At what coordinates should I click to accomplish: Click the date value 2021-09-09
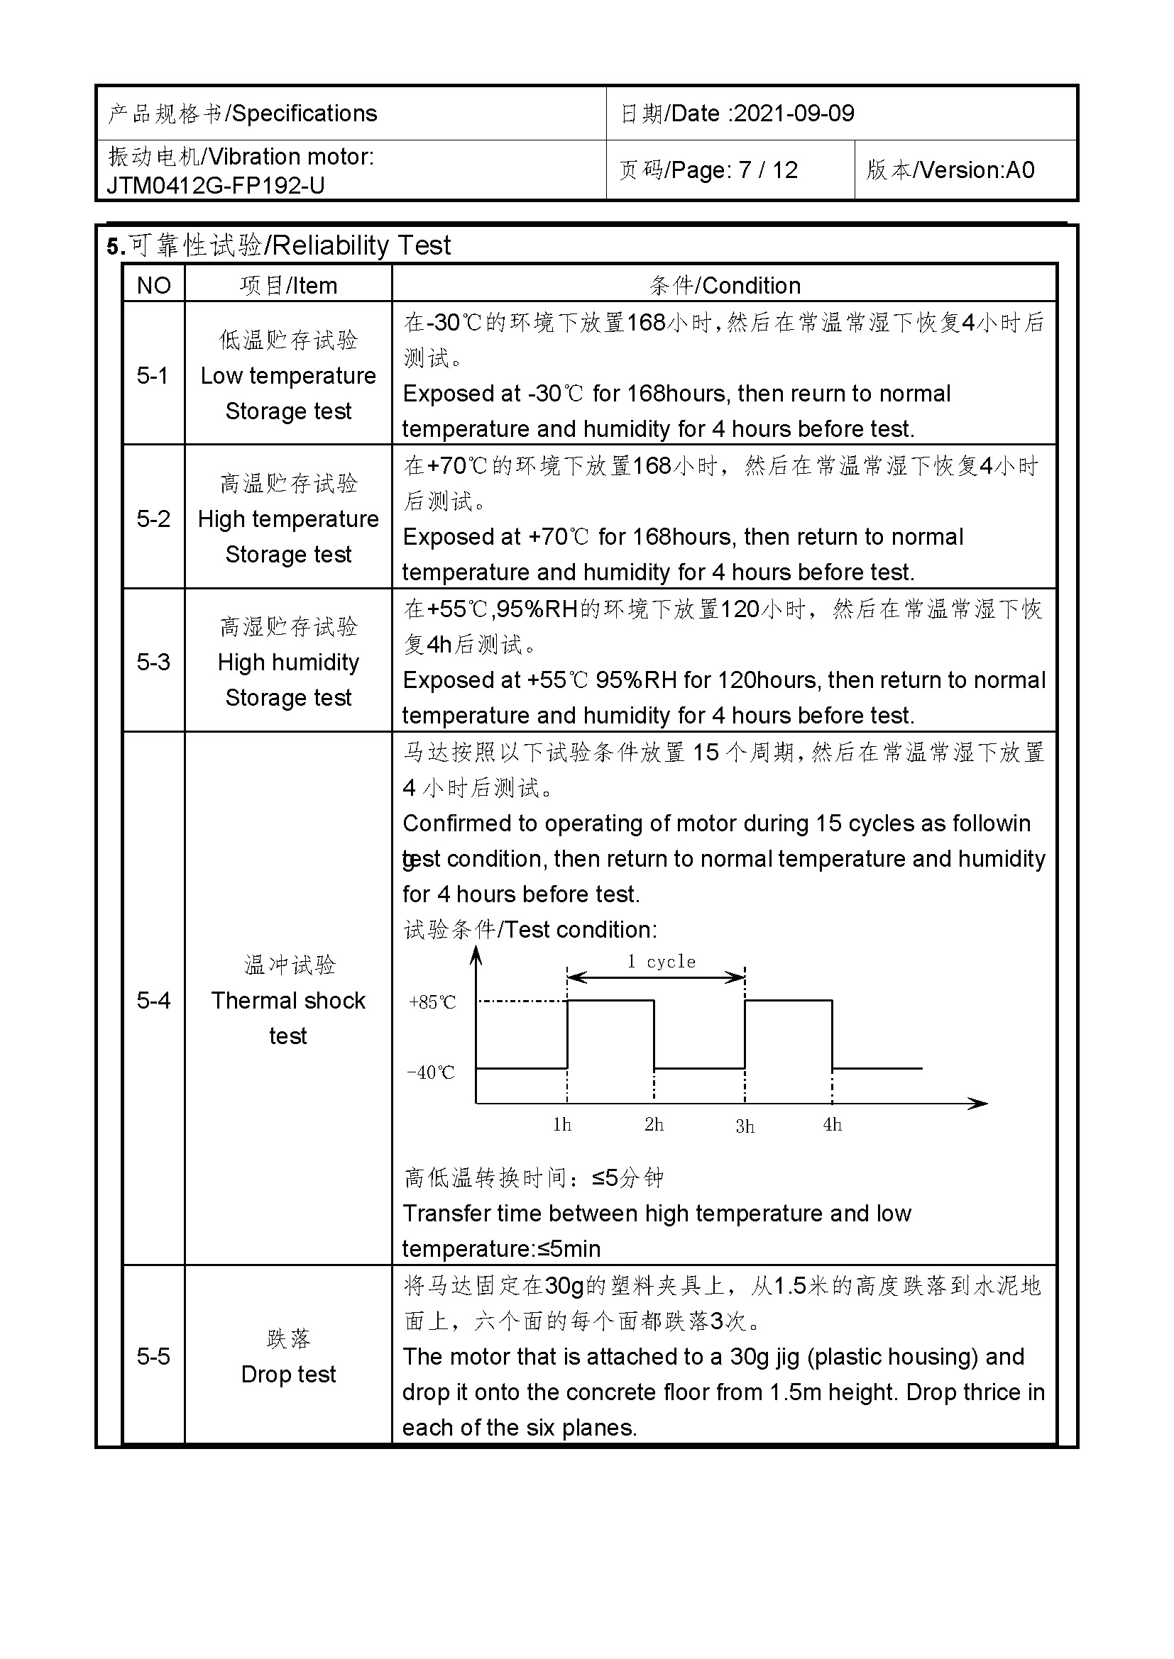tap(794, 113)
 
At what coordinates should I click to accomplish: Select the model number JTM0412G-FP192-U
tap(216, 186)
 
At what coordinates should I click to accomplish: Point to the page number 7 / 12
tap(768, 170)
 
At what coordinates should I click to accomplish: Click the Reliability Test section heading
tap(361, 245)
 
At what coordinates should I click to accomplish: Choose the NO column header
tap(153, 285)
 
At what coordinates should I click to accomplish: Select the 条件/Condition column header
tap(725, 285)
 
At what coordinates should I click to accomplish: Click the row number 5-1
tap(153, 376)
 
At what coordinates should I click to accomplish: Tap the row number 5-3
tap(153, 662)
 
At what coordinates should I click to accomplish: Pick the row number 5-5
tap(153, 1356)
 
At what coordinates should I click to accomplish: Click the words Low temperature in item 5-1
tap(287, 376)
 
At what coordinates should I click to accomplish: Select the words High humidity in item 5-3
tap(287, 662)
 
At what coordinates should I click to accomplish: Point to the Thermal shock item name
tap(287, 1000)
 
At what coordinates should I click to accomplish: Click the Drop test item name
tap(287, 1374)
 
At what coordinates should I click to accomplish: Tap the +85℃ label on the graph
tap(432, 1002)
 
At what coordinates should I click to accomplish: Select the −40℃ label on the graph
tap(431, 1072)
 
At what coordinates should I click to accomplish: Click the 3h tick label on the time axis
tap(745, 1126)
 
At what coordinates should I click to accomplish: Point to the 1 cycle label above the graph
tap(661, 962)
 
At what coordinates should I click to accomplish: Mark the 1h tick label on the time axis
tap(561, 1125)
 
